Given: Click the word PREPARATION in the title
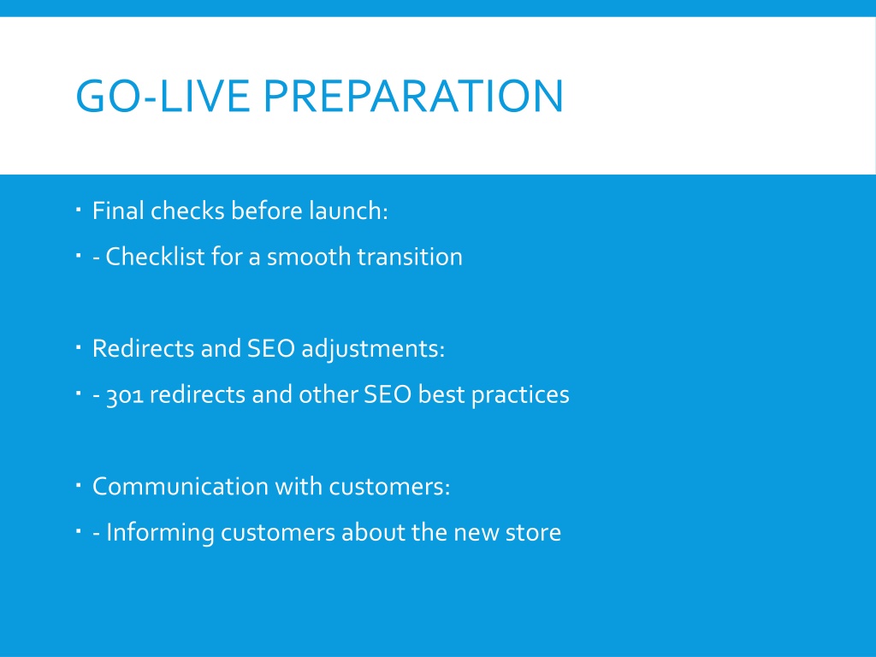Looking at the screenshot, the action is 413,96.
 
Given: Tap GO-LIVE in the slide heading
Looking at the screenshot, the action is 163,96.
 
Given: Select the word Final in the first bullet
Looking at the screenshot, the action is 118,210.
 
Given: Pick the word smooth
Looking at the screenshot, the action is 309,257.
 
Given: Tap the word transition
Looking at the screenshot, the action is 410,257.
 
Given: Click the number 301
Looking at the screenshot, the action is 125,395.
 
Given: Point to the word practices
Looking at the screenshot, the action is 520,395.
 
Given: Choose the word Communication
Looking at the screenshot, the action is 181,487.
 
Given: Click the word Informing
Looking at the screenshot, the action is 160,533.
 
